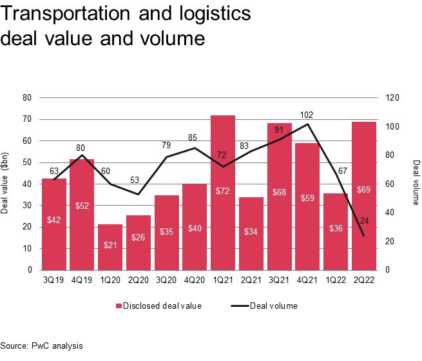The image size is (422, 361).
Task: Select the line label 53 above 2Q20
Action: [138, 180]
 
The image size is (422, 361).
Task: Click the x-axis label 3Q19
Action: [54, 279]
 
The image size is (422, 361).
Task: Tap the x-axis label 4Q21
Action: [307, 279]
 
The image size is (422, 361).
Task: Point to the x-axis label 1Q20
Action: [110, 279]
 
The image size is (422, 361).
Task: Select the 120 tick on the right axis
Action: [394, 98]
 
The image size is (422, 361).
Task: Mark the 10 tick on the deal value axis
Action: [27, 248]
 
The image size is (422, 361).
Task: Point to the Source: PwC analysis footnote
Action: [42, 346]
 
